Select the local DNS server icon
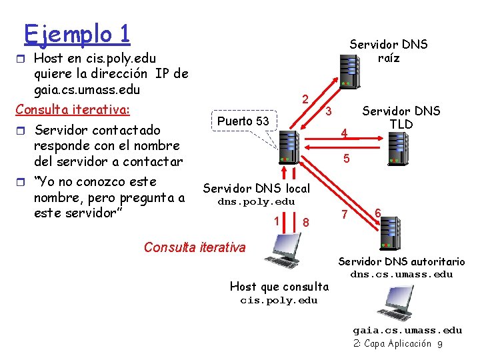coord(288,146)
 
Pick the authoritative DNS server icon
coord(388,231)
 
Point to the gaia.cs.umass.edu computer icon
coord(393,303)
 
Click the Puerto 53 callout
coord(243,121)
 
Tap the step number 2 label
coord(304,99)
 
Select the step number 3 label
coord(328,109)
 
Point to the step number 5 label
coord(346,159)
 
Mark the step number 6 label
coord(377,212)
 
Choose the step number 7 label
coord(344,215)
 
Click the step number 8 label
coord(305,221)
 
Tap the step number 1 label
coord(275,220)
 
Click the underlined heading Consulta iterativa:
coord(73,109)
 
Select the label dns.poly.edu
coord(257,201)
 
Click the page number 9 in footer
coord(440,344)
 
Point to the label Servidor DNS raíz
coord(389,51)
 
